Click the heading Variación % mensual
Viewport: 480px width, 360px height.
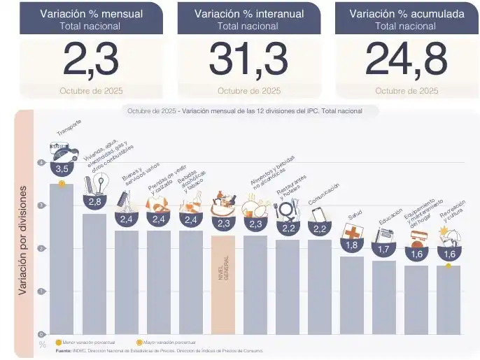[x=91, y=14]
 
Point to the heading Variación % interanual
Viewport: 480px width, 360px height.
[x=248, y=14]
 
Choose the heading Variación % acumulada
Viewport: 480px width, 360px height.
[x=406, y=14]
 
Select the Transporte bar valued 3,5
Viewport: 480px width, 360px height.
[x=62, y=259]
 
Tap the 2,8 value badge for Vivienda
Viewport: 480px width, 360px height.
[x=94, y=201]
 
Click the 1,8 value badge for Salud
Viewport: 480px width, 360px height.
[x=352, y=245]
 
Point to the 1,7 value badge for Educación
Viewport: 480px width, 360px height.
[x=383, y=249]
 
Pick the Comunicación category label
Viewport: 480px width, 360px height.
[x=323, y=193]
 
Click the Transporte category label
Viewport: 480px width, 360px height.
[x=69, y=128]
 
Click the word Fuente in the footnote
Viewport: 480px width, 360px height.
[x=64, y=350]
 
